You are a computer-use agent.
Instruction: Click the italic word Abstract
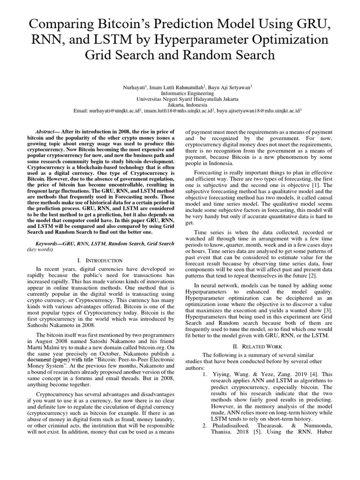(46, 132)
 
